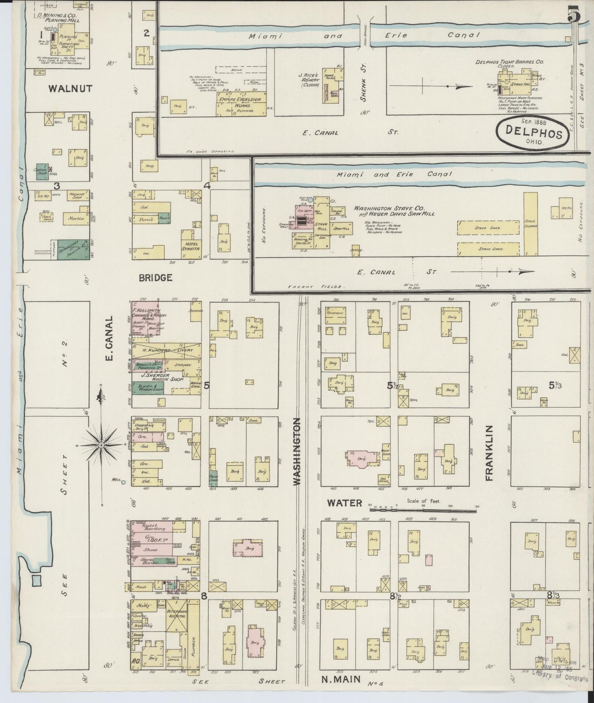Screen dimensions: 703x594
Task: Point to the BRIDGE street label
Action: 155,277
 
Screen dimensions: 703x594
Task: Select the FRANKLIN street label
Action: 489,453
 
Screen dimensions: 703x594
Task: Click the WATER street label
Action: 344,502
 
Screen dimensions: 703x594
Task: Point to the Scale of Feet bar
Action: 423,510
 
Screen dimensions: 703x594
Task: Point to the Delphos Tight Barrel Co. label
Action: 509,62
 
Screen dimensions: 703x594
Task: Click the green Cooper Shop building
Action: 41,171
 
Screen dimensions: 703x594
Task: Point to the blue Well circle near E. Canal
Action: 123,482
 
